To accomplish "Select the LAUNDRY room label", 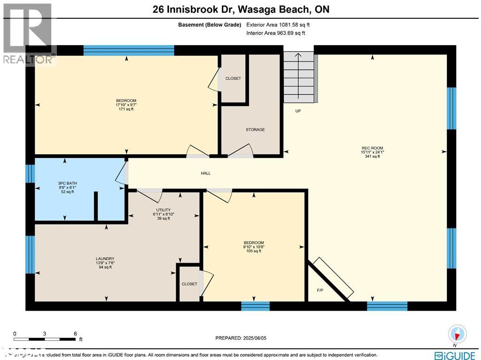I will tap(105, 259).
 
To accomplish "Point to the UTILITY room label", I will tap(163, 210).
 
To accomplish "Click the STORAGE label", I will tap(255, 130).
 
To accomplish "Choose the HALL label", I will tap(206, 173).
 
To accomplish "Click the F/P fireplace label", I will tap(320, 290).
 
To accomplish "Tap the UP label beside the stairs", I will tap(298, 111).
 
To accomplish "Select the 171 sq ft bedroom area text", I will tap(126, 109).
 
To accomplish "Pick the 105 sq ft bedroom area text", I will tap(254, 251).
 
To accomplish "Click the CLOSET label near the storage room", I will tap(233, 78).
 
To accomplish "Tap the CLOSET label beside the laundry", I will tap(189, 284).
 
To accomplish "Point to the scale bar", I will tap(45, 338).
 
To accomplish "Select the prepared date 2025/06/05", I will tap(243, 338).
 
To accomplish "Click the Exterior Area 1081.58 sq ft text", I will tap(278, 25).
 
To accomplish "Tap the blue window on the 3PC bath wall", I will tap(30, 173).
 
